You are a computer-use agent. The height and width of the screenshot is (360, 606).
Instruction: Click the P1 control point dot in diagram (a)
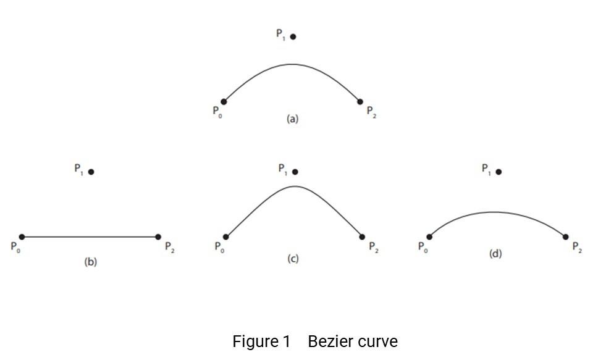pyautogui.click(x=293, y=36)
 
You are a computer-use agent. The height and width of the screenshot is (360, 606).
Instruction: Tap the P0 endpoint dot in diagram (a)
pyautogui.click(x=224, y=102)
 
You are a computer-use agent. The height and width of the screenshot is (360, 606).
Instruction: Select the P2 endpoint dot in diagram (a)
pyautogui.click(x=361, y=102)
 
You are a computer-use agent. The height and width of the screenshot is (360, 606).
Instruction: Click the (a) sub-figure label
pyautogui.click(x=292, y=119)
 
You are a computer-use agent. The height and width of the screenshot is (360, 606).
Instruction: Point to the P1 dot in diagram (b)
pyautogui.click(x=91, y=172)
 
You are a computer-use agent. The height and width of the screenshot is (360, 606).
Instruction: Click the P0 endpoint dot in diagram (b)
pyautogui.click(x=22, y=237)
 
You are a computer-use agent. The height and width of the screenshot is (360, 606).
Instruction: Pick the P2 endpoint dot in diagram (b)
pyautogui.click(x=158, y=237)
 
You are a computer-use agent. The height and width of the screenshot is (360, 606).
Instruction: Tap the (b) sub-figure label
pyautogui.click(x=91, y=262)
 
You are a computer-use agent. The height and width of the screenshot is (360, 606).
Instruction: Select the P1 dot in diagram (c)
pyautogui.click(x=295, y=172)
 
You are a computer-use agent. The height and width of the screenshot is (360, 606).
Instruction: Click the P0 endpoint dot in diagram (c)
pyautogui.click(x=226, y=237)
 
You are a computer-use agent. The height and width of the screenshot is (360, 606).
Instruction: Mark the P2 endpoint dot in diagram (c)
pyautogui.click(x=362, y=237)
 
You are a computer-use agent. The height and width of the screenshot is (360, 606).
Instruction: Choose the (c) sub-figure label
pyautogui.click(x=293, y=259)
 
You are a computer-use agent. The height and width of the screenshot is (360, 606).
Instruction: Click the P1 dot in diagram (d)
pyautogui.click(x=499, y=172)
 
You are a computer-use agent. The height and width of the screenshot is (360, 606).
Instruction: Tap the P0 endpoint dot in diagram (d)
pyautogui.click(x=429, y=237)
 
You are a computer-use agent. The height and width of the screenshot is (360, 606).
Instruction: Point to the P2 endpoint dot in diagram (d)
pyautogui.click(x=566, y=237)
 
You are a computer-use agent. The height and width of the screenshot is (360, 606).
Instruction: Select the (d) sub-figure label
pyautogui.click(x=495, y=254)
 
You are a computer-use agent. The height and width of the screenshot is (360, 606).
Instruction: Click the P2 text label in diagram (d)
pyautogui.click(x=576, y=248)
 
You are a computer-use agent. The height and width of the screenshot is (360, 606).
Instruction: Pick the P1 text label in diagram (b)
pyautogui.click(x=78, y=169)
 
